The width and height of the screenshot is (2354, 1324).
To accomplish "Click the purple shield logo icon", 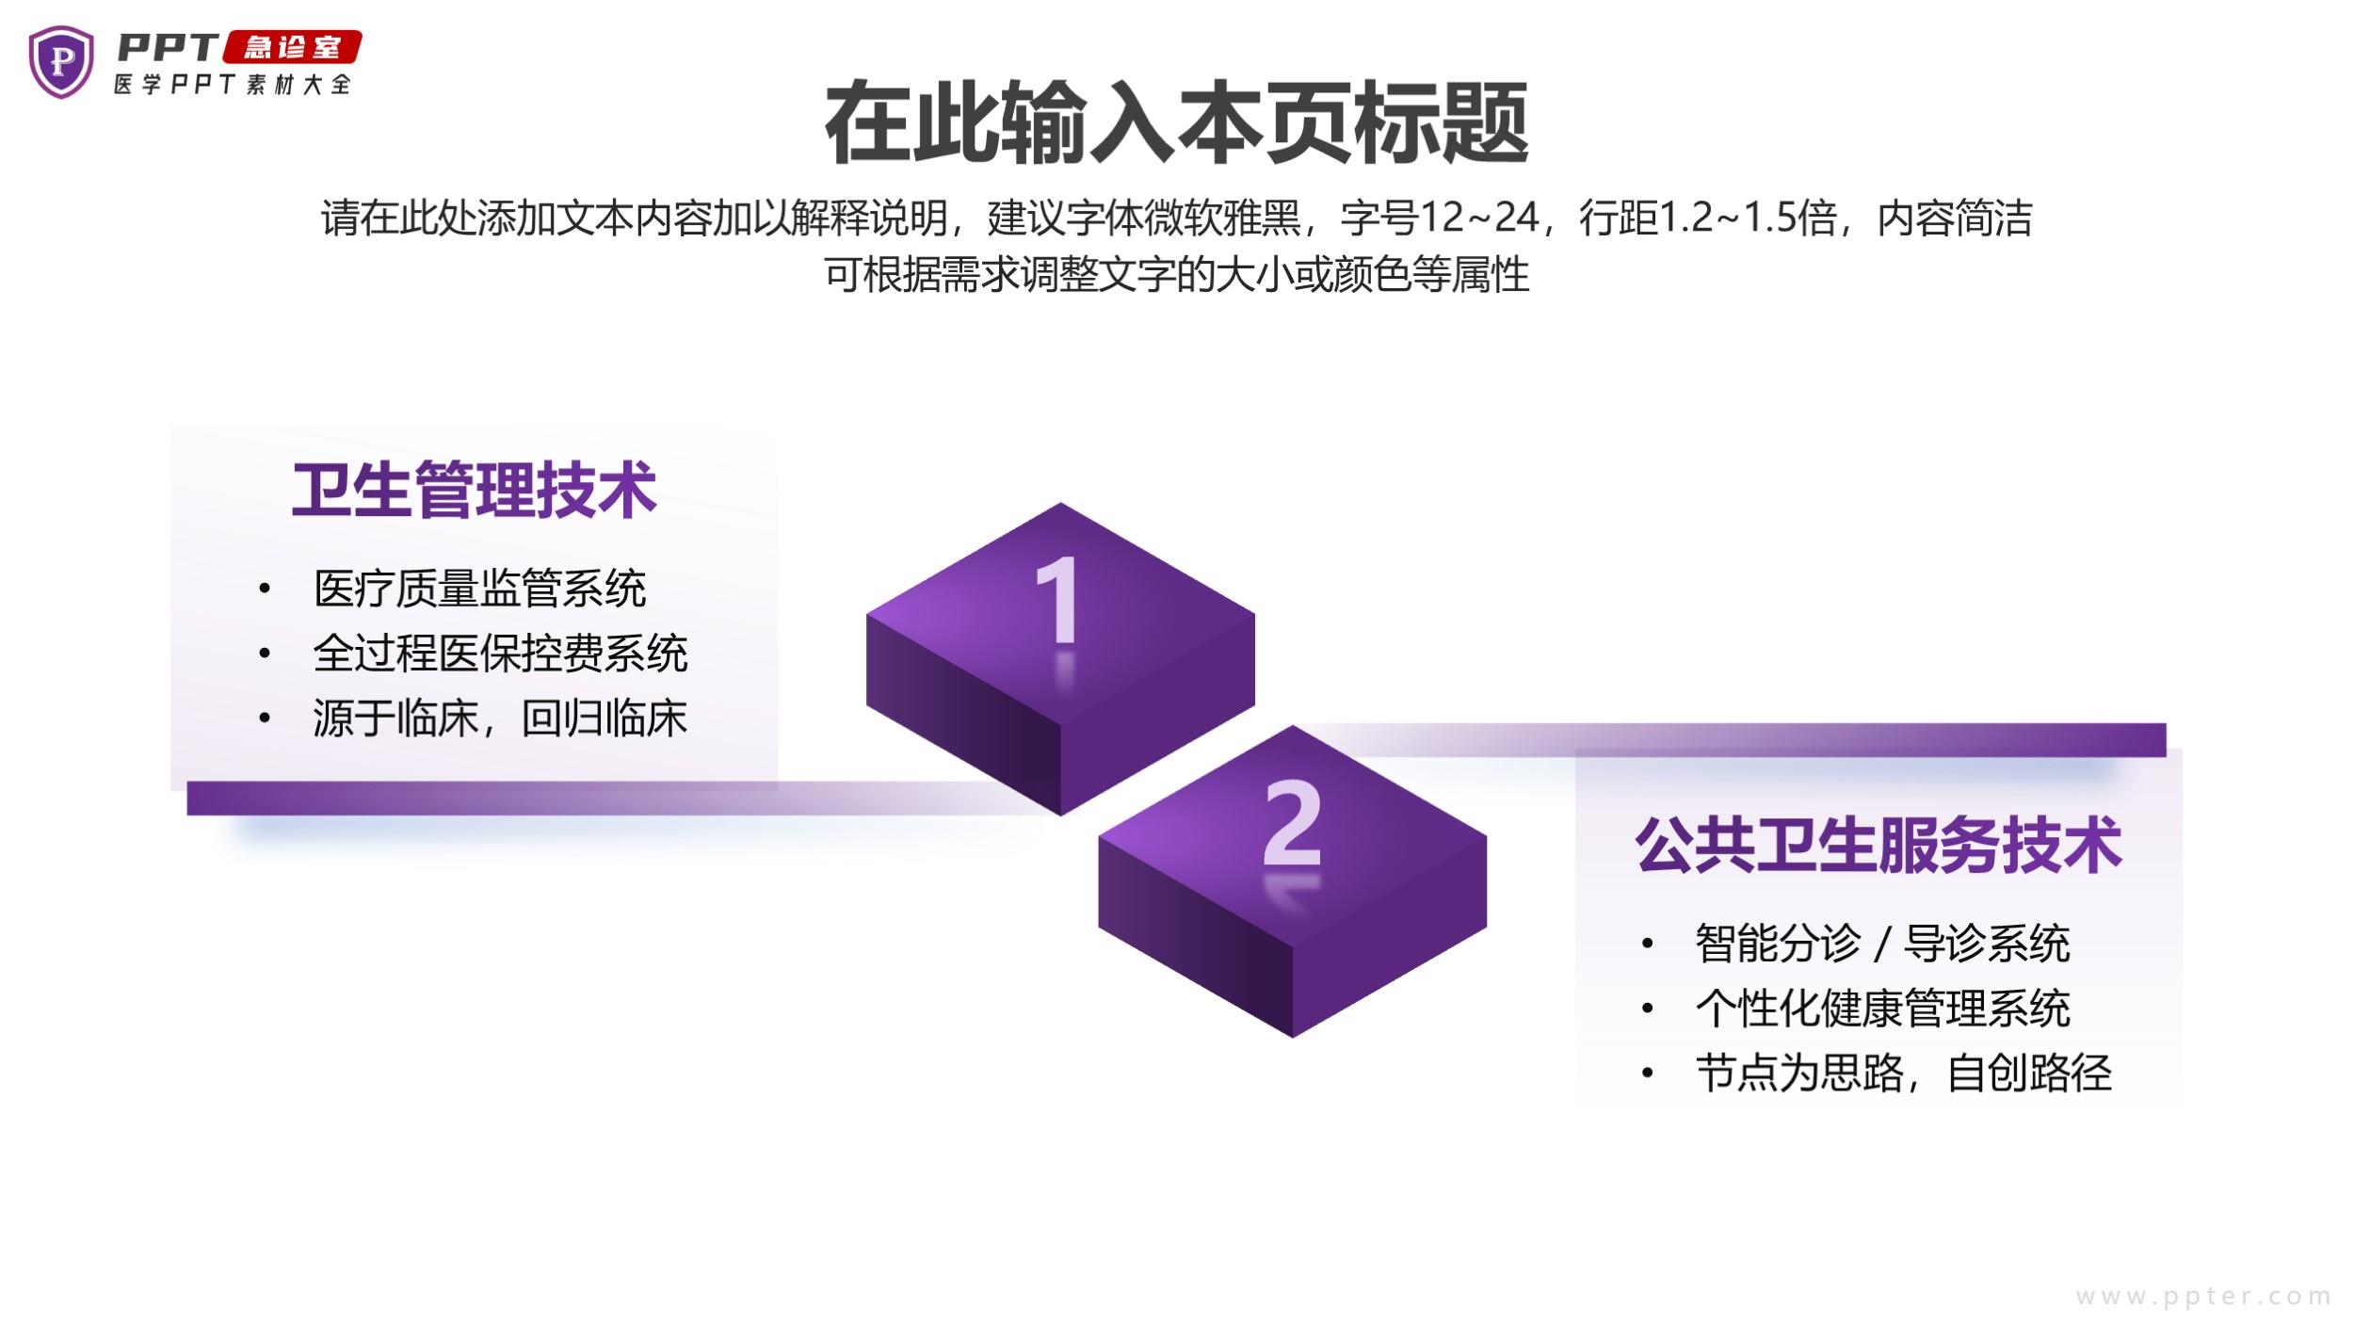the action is (61, 62).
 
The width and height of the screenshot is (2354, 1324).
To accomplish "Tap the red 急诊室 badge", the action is (292, 47).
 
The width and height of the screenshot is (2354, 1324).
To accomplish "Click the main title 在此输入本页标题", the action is (1176, 122).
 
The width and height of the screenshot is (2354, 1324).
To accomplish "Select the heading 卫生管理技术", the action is (474, 490).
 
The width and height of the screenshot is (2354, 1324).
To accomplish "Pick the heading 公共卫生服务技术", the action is (1878, 845).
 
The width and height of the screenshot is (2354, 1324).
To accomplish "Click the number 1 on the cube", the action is (1057, 599).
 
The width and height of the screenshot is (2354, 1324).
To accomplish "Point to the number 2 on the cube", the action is (1292, 822).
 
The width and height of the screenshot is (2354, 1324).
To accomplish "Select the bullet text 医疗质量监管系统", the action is (480, 589).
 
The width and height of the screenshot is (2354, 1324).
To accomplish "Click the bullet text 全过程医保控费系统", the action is (501, 654).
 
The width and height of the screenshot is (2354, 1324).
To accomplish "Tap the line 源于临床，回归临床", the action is (501, 719).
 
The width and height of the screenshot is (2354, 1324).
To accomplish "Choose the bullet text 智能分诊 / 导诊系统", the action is (1882, 944).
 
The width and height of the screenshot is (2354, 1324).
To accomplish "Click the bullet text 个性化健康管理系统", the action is (1882, 1009).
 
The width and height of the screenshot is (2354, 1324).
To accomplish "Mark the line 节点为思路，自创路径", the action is (1903, 1074).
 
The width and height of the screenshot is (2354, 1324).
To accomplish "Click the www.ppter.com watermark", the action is (2203, 1297).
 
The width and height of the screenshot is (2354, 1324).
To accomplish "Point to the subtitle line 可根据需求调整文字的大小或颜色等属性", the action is (1176, 274).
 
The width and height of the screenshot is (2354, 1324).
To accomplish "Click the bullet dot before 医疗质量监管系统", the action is (265, 589).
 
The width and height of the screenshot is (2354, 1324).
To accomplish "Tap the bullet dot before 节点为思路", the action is (1647, 1074).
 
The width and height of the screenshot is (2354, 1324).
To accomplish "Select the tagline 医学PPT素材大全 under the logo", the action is (233, 84).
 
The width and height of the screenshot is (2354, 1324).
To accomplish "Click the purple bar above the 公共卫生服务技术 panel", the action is (1742, 739).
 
